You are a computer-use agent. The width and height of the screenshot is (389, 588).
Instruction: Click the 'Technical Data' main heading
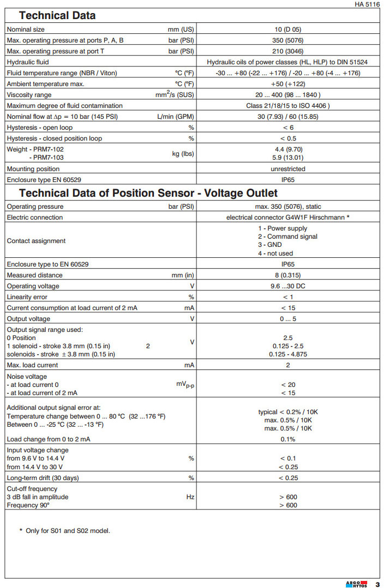click(57, 15)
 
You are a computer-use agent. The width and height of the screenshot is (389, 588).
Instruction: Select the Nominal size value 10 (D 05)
click(288, 29)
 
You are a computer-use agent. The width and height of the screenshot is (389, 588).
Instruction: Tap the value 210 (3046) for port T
click(288, 51)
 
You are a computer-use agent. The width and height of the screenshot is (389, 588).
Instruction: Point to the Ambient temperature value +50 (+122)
click(288, 84)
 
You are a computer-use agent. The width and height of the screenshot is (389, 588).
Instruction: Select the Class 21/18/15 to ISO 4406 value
click(288, 106)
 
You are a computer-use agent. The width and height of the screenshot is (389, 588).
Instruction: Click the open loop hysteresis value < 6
click(288, 128)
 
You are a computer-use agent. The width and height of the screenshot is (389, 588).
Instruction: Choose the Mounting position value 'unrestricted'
click(288, 169)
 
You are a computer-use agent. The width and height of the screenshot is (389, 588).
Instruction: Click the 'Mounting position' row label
click(33, 169)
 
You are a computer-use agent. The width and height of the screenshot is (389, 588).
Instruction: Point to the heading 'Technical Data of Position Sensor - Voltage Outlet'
click(148, 193)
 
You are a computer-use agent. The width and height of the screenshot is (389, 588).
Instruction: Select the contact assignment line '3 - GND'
click(270, 245)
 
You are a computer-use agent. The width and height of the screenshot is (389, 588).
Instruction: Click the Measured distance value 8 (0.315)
click(288, 275)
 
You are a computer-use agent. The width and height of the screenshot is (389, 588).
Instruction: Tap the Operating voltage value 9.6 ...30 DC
click(288, 286)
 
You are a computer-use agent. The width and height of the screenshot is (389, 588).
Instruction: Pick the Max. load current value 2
click(288, 365)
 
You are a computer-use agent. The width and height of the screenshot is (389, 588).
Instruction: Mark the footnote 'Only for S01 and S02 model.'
click(68, 530)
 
